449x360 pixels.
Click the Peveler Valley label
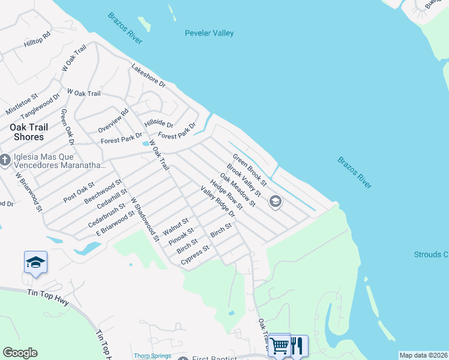[x=209, y=34]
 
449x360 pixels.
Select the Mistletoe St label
[x=22, y=104]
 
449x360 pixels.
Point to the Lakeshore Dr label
[x=148, y=76]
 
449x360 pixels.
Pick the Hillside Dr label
[x=159, y=125]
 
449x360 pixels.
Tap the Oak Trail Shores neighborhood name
[x=27, y=132]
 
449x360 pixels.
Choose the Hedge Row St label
[x=226, y=194]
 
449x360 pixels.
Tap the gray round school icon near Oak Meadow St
[x=276, y=202]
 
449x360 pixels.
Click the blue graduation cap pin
[x=35, y=262]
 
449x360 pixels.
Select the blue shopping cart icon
[x=279, y=345]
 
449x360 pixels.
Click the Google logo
[x=20, y=353]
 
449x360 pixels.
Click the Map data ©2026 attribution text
[x=423, y=355]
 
